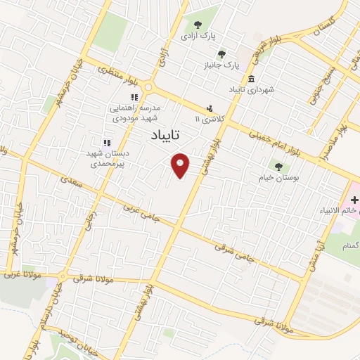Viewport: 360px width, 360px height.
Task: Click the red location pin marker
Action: coord(181,165)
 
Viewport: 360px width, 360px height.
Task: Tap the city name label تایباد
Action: coord(165,134)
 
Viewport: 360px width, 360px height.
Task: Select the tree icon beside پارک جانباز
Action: coord(222,53)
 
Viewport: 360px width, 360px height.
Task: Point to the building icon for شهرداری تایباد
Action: coord(252,79)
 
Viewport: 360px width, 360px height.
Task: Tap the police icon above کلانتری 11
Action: coord(210,108)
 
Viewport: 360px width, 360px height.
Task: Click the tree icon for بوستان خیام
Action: coord(280,167)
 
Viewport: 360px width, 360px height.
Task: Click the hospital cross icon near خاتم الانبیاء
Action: coord(354,200)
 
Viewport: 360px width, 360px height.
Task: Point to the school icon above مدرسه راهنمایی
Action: coord(132,98)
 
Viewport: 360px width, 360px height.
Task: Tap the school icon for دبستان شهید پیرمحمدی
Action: coord(107,143)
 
